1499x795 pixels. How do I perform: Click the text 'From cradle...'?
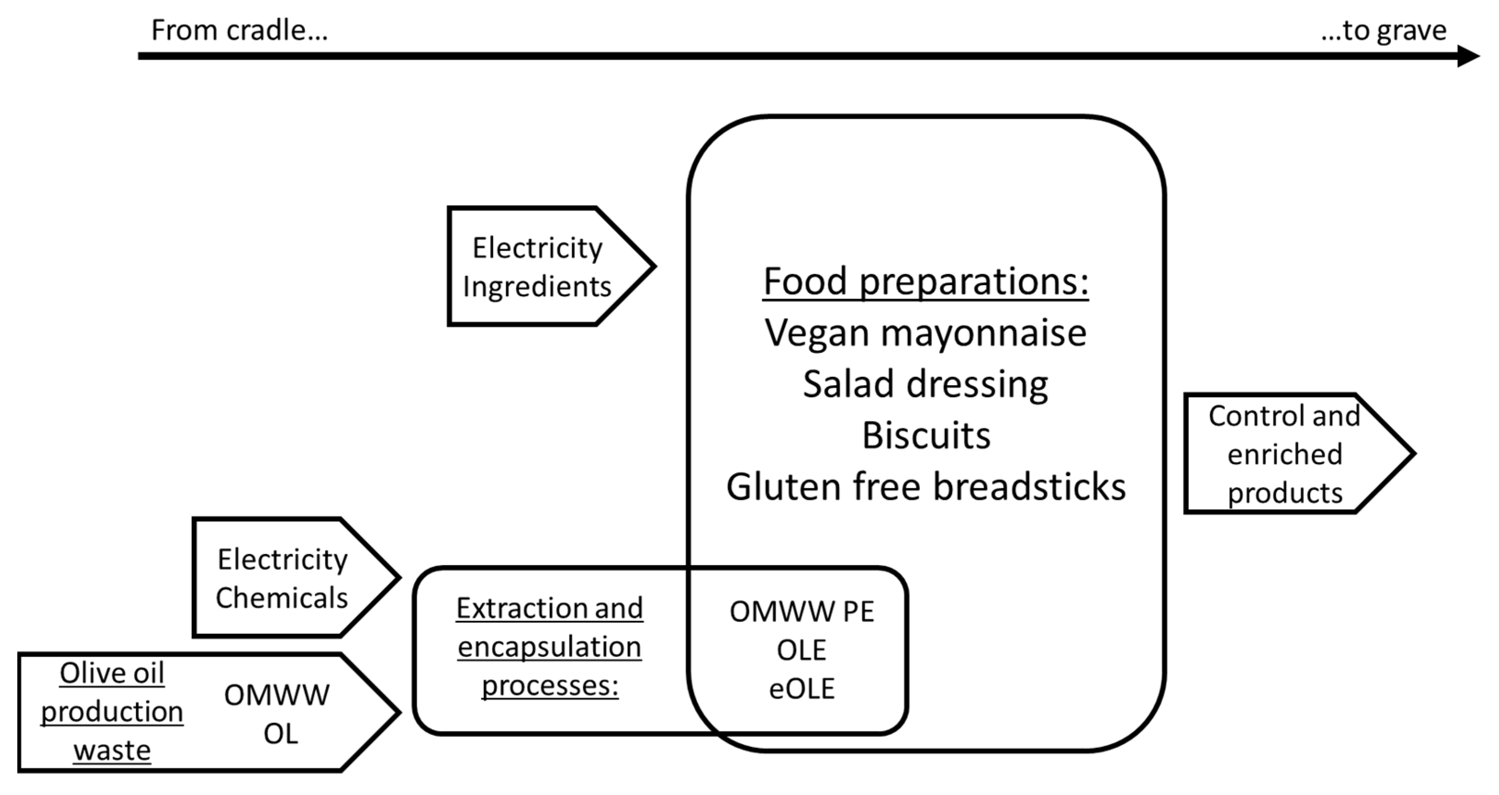point(239,30)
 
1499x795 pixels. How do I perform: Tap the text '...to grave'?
point(1383,30)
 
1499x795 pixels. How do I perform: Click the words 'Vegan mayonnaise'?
point(925,333)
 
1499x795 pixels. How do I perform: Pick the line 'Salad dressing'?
point(925,384)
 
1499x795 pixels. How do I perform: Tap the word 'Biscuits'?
point(926,435)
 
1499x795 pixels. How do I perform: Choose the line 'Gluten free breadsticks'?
point(926,487)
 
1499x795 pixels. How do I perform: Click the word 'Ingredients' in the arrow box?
point(536,287)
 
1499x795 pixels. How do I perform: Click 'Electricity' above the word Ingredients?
point(537,248)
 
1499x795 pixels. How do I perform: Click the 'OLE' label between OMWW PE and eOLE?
point(802,650)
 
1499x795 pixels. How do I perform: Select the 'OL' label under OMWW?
point(281,734)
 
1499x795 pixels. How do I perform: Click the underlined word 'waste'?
point(112,750)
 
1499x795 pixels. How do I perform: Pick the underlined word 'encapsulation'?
point(549,647)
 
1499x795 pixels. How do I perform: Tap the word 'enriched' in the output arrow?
point(1285,454)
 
